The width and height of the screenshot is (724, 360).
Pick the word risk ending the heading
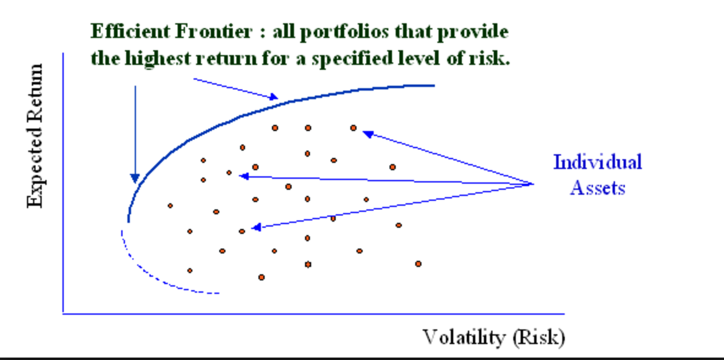coord(494,59)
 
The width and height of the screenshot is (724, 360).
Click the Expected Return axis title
coord(36,136)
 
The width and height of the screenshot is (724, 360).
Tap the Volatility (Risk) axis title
coord(493,337)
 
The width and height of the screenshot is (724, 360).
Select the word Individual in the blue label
coord(597,162)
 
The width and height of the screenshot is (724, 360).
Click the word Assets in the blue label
coord(597,187)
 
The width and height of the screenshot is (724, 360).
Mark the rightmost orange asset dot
coord(418,264)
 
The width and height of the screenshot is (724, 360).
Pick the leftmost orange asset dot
coord(170,206)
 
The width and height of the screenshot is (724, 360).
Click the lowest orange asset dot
coord(262,277)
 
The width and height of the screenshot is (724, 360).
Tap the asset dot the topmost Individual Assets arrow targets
coord(353,128)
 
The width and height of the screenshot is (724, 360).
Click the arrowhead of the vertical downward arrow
coord(135,179)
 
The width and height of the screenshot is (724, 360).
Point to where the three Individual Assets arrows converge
coord(533,183)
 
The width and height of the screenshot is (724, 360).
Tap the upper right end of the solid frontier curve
coord(433,85)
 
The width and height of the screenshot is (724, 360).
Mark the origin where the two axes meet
coord(63,313)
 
